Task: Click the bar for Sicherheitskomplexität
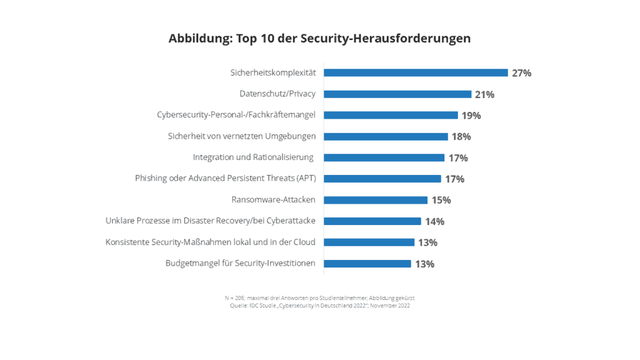[416, 72]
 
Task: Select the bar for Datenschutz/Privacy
[397, 94]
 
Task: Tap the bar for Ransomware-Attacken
[376, 200]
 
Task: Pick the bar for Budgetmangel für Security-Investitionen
[367, 264]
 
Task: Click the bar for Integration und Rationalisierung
[384, 157]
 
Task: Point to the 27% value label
[521, 73]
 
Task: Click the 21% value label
[484, 94]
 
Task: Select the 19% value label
[471, 116]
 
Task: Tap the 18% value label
[461, 137]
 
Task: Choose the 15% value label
[441, 201]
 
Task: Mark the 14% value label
[434, 222]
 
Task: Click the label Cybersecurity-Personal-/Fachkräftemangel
[236, 115]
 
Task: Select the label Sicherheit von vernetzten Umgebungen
[242, 136]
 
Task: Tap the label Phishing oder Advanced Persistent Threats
[226, 179]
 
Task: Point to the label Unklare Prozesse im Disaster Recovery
[211, 221]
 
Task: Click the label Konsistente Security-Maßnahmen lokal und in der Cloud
[211, 242]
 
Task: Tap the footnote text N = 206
[234, 298]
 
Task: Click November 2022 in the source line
[392, 306]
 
